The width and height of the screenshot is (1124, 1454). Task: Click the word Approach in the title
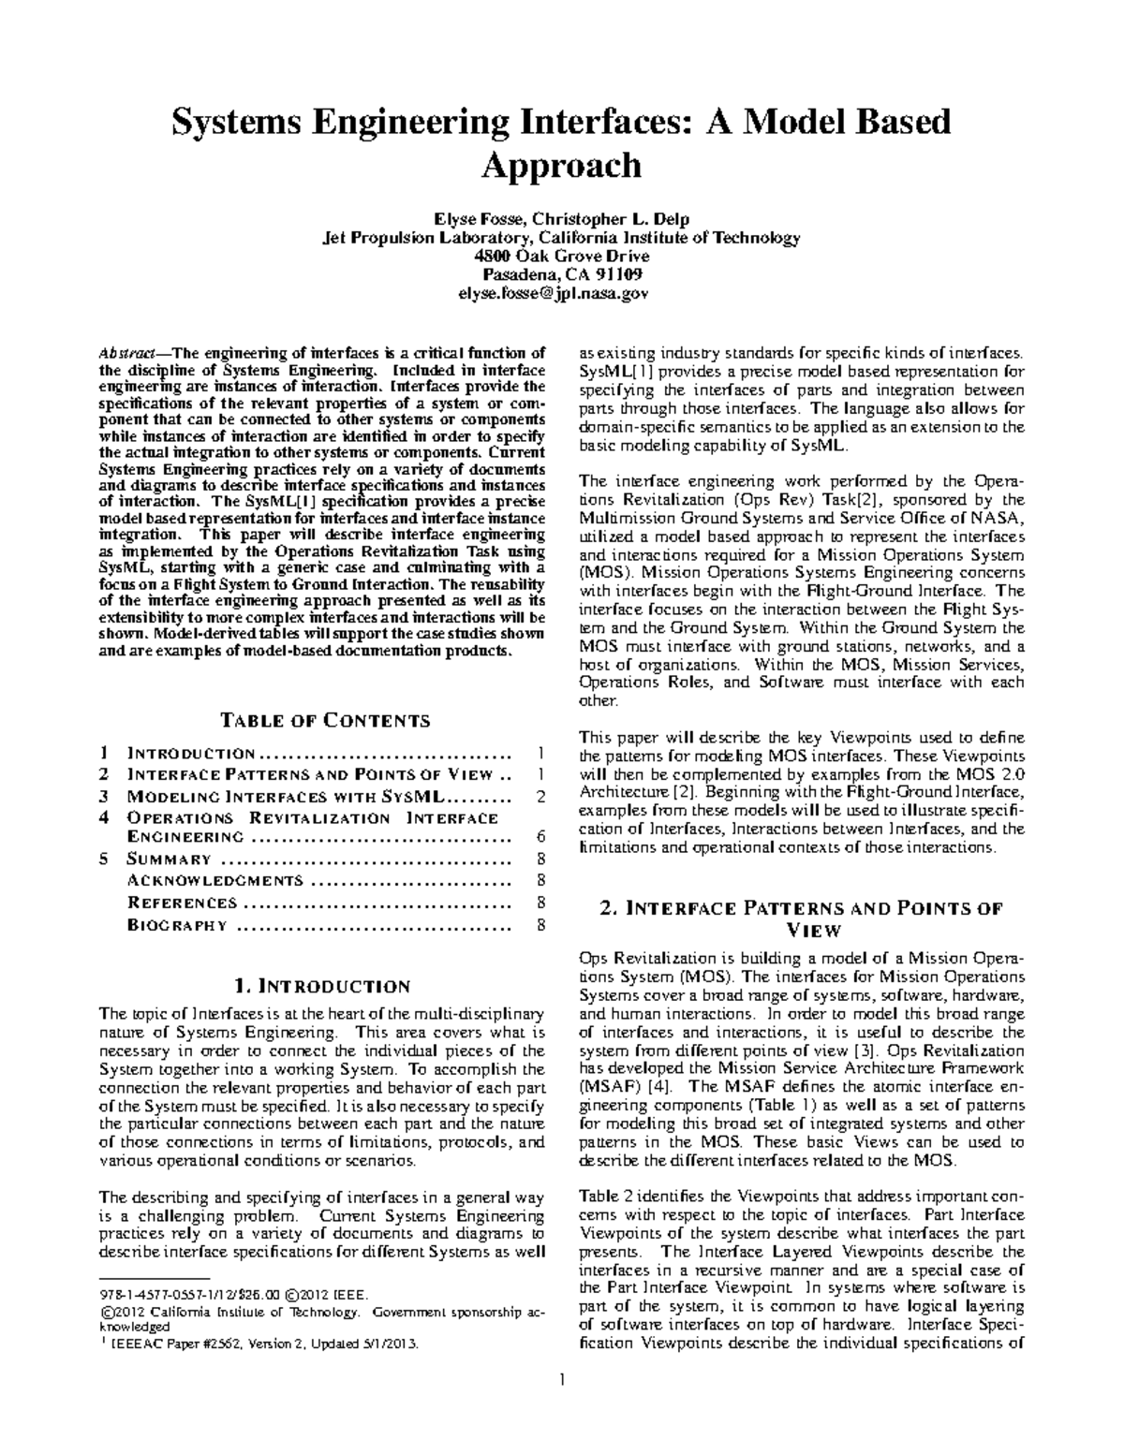tap(561, 167)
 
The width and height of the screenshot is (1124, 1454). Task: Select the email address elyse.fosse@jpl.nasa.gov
tap(561, 293)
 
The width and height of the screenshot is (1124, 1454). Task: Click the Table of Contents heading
tap(324, 720)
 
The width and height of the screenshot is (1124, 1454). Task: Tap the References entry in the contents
tap(182, 903)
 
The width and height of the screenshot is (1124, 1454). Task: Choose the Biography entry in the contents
tap(177, 925)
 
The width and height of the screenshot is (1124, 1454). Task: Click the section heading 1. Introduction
tap(323, 986)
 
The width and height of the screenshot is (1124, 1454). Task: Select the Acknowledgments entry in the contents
tap(214, 880)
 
